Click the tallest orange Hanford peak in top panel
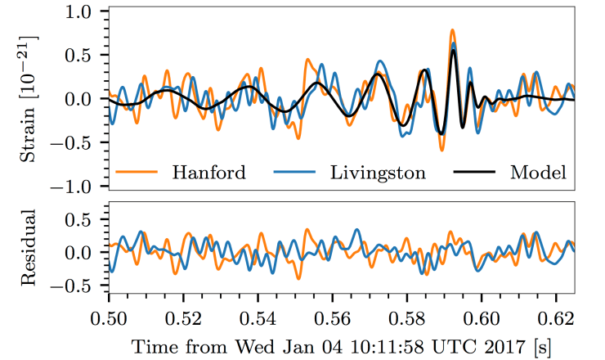452,31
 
